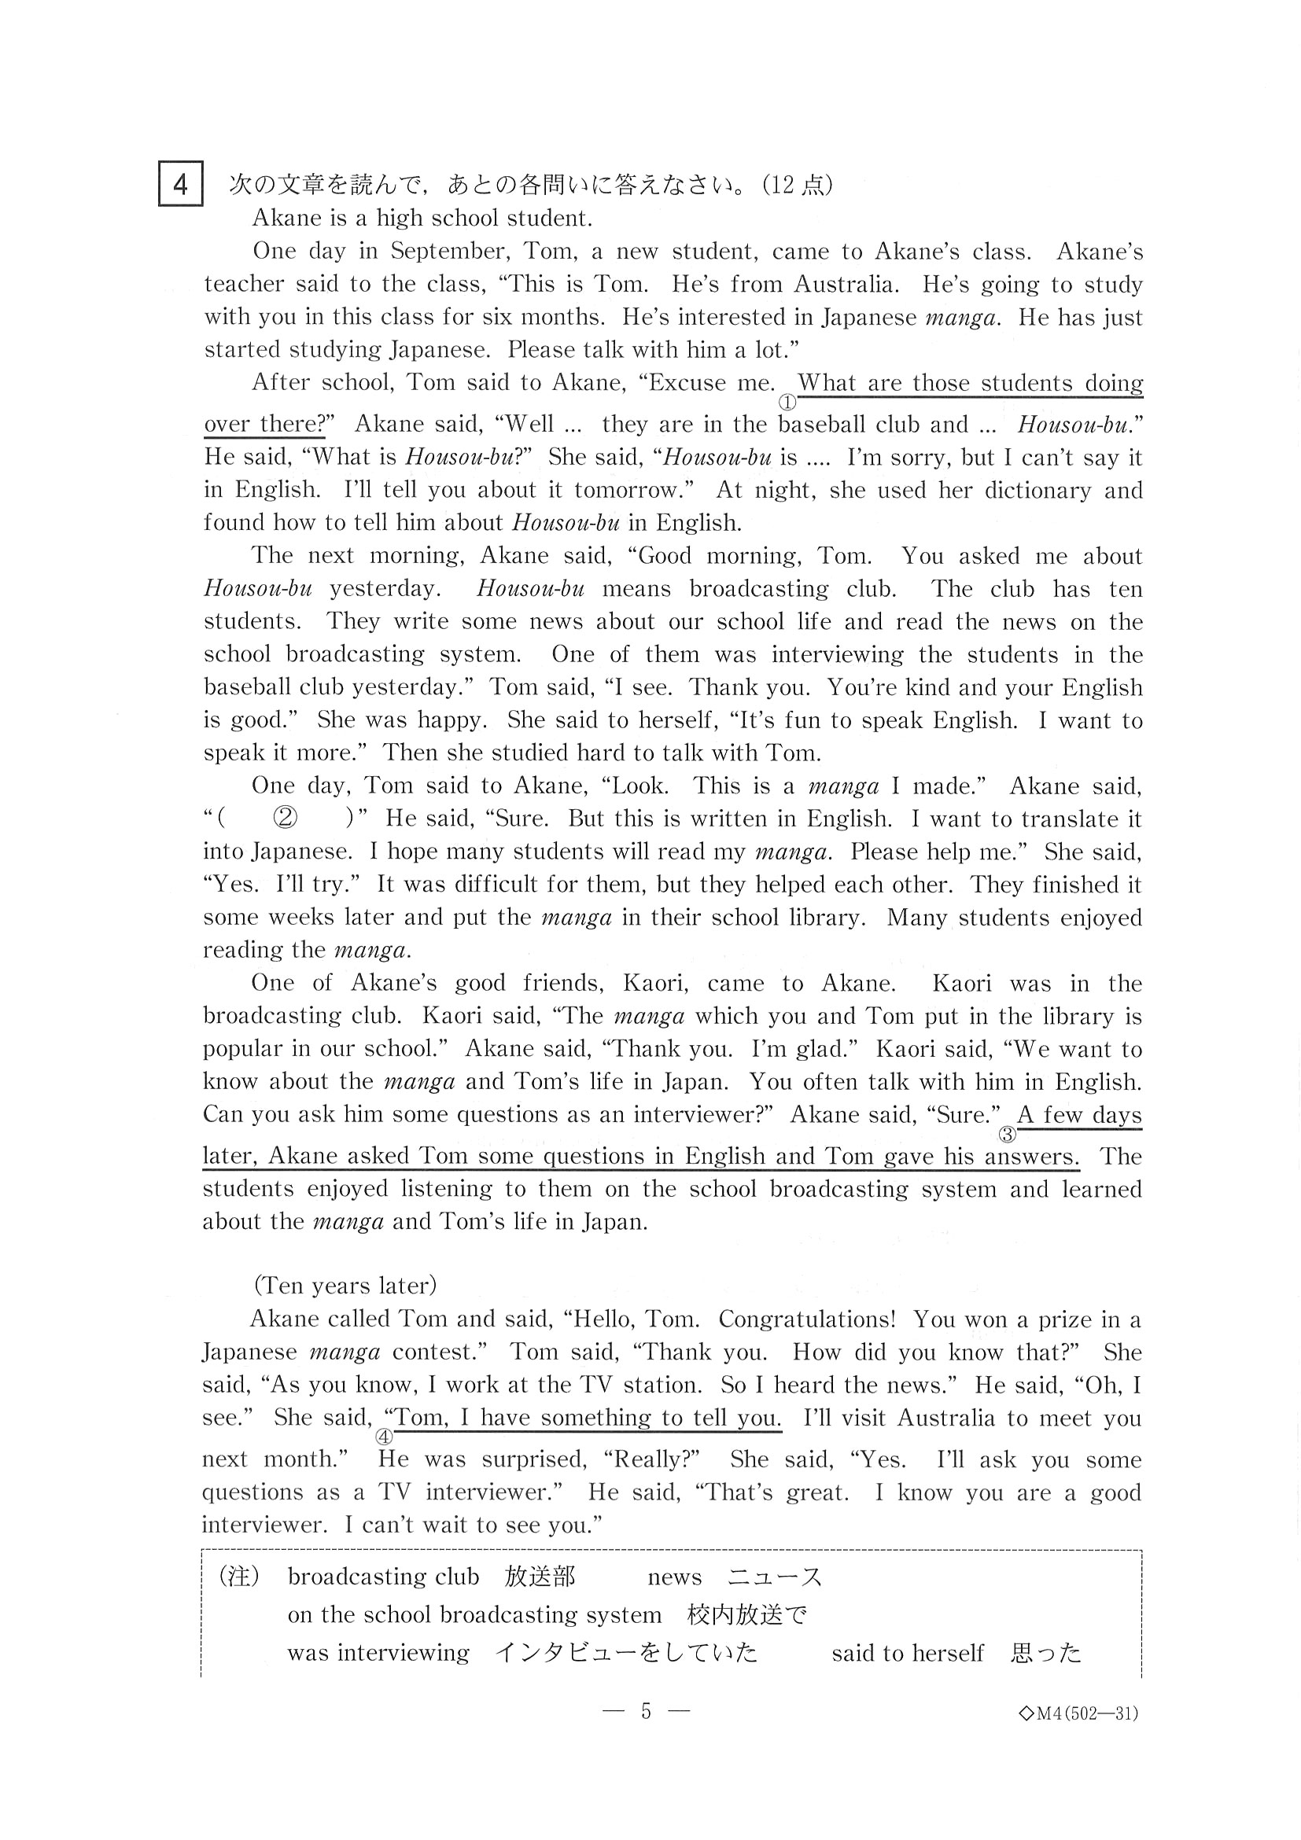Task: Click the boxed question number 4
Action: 180,184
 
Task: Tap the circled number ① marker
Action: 787,403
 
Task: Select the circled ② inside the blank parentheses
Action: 286,818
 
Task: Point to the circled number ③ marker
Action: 1007,1135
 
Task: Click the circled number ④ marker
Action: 384,1437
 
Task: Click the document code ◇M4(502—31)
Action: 1078,1713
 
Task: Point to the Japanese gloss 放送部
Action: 540,1577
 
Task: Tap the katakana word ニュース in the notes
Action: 774,1577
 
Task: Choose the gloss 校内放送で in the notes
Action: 746,1615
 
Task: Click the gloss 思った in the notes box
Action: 1046,1653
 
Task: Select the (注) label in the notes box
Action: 239,1577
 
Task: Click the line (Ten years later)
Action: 345,1286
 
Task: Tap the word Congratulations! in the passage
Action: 806,1319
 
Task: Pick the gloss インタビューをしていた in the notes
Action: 626,1653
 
